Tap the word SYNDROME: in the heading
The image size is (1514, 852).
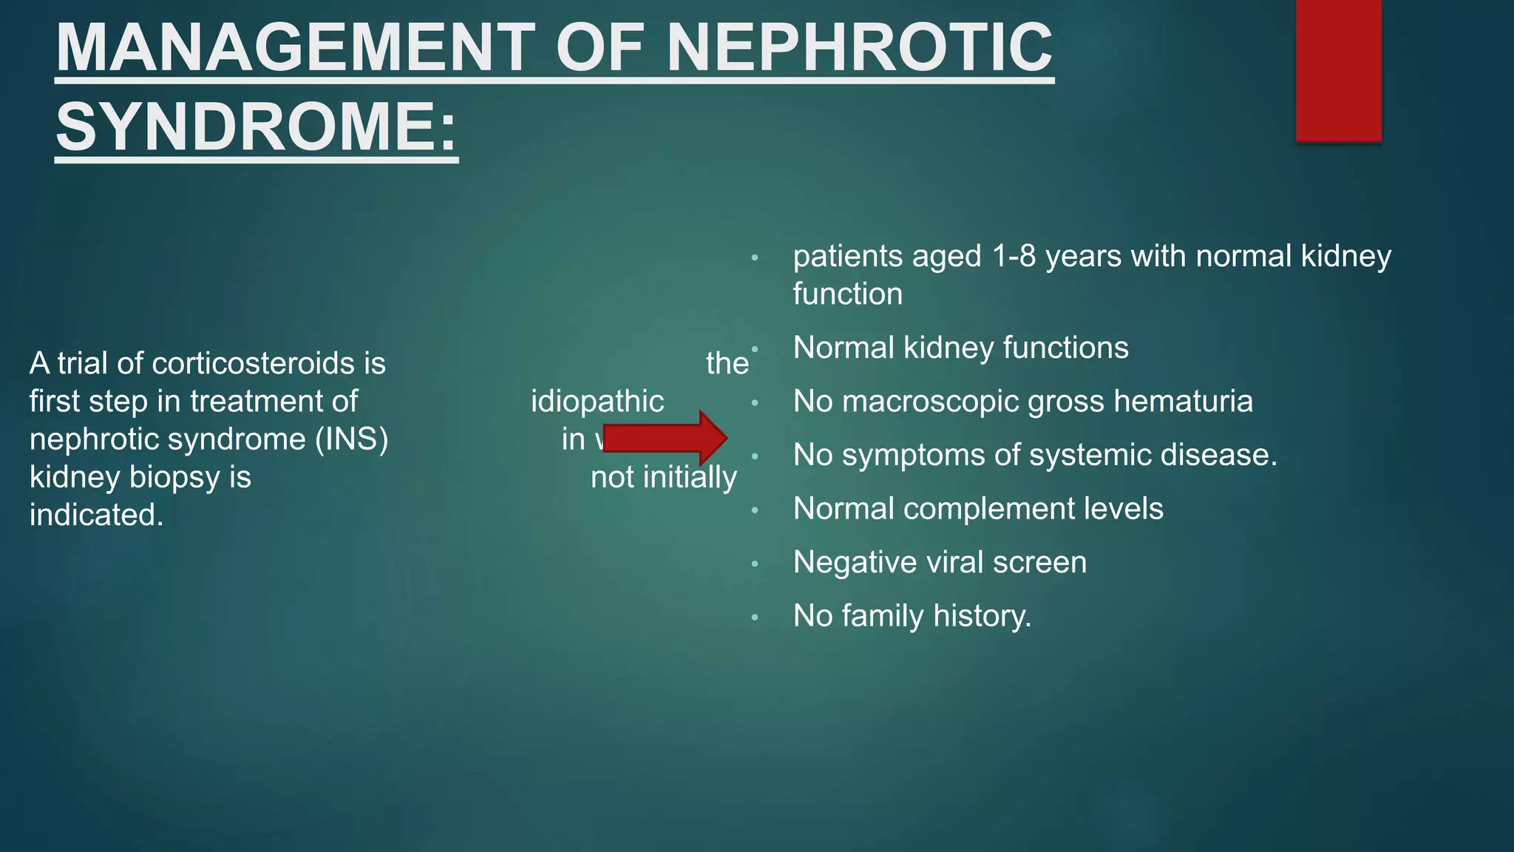pyautogui.click(x=257, y=126)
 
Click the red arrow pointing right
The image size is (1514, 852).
pyautogui.click(x=665, y=438)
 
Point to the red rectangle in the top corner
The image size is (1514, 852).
pyautogui.click(x=1338, y=70)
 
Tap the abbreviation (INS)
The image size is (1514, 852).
pyautogui.click(x=351, y=439)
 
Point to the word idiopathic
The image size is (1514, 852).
pyautogui.click(x=597, y=402)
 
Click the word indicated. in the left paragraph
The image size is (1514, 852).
pyautogui.click(x=96, y=515)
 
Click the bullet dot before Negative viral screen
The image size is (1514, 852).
pyautogui.click(x=755, y=564)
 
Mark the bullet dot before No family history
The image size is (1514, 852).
pyautogui.click(x=755, y=618)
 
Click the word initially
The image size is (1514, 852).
pyautogui.click(x=690, y=478)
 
